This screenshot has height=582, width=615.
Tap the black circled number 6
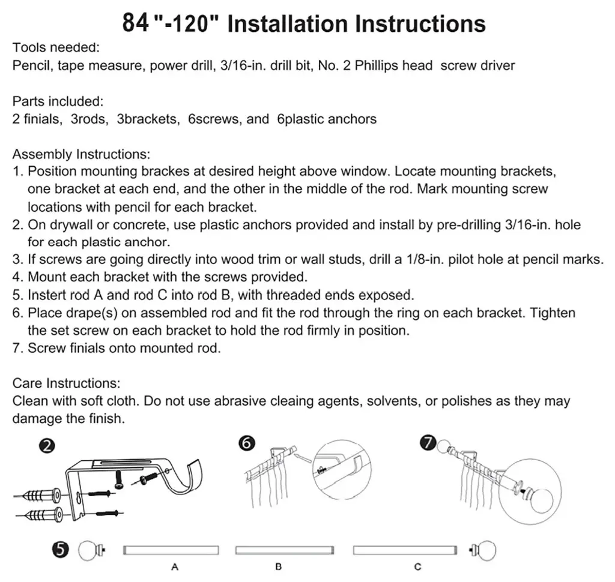pos(246,443)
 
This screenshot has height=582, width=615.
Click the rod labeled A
pos(171,550)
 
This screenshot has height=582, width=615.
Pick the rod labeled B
pos(284,550)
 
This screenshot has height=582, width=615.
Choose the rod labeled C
pos(402,550)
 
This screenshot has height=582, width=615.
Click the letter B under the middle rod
pos(279,566)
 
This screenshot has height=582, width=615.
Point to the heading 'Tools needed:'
pos(56,48)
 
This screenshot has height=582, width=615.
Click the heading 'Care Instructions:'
pos(66,383)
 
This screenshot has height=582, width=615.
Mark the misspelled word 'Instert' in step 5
pos(47,295)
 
